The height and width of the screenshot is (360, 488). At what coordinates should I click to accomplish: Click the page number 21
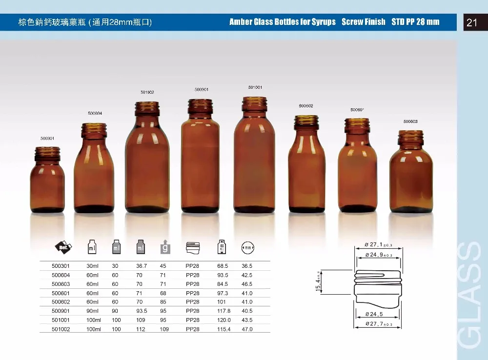(x=471, y=22)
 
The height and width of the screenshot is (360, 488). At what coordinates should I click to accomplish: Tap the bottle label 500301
(x=47, y=139)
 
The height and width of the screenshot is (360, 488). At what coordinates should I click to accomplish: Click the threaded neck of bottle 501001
(x=255, y=104)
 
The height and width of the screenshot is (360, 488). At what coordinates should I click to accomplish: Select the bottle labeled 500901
(x=201, y=156)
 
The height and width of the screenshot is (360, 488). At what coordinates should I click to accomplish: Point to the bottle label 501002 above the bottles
(x=147, y=92)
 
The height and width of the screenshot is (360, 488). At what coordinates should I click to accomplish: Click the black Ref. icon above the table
(x=63, y=247)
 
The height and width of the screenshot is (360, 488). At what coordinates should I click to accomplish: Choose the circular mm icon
(x=248, y=248)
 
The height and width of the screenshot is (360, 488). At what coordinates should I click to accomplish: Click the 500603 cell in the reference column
(x=61, y=284)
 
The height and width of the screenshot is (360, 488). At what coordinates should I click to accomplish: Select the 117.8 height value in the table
(x=224, y=311)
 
